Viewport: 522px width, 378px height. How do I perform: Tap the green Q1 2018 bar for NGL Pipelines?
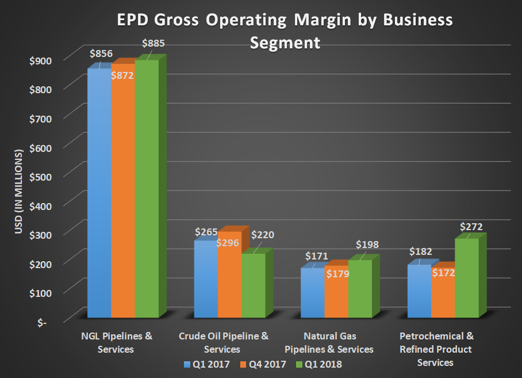(147, 190)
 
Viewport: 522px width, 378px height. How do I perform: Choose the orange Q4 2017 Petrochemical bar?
(443, 296)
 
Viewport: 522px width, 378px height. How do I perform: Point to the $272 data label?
(471, 227)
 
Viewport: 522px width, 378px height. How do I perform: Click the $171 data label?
(316, 255)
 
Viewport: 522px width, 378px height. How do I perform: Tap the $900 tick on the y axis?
(41, 59)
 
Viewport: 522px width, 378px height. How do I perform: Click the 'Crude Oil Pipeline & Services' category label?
(224, 342)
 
